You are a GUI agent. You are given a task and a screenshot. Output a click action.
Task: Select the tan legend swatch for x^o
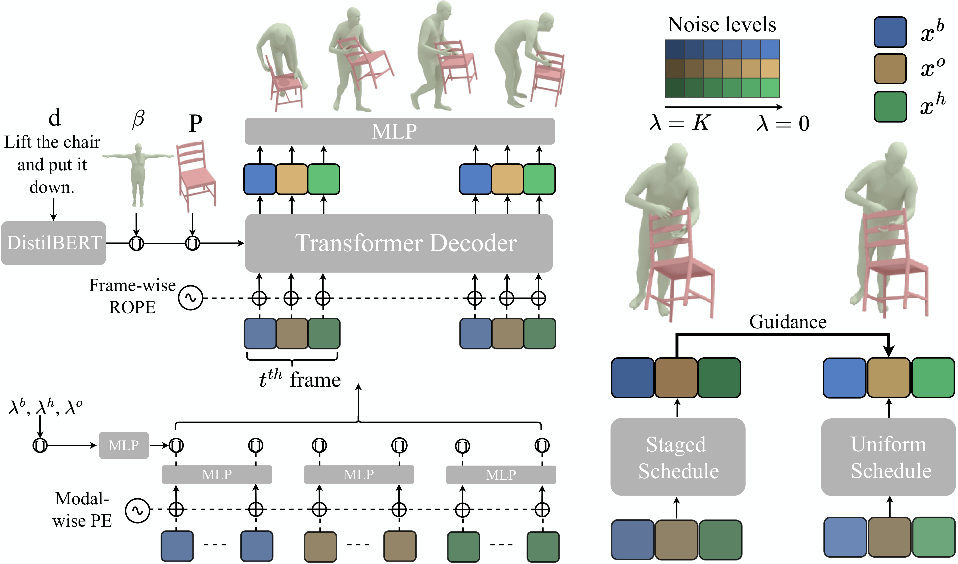coord(890,69)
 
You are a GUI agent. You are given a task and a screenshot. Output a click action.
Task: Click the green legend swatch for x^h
coord(890,106)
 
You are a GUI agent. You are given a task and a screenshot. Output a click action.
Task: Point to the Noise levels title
coord(722,25)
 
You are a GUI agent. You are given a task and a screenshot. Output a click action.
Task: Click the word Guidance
coord(788,322)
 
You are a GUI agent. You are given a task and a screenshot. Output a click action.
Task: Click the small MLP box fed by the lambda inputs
coord(123,445)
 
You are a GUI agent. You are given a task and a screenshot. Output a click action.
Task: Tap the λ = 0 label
coord(782,123)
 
